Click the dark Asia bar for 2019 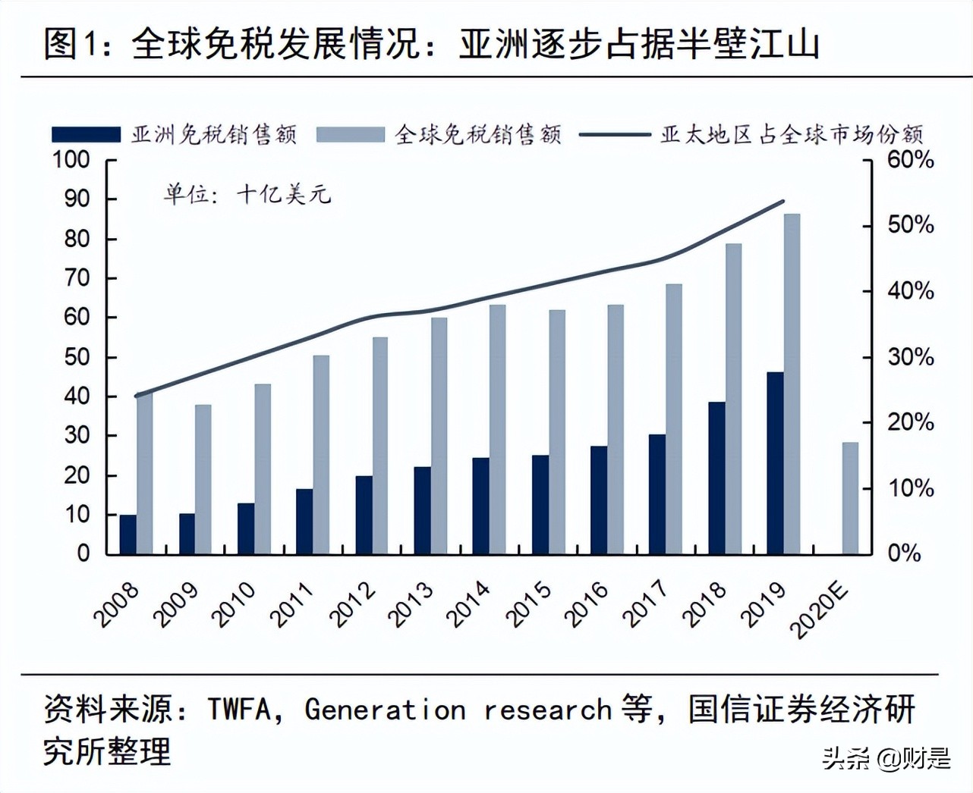click(775, 463)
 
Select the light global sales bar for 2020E click(850, 498)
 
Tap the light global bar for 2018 click(733, 399)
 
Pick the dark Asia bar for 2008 click(128, 534)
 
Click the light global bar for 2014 click(498, 429)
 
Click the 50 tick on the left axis click(76, 357)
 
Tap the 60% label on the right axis click(910, 160)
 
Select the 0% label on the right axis click(905, 553)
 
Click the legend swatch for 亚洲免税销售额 click(86, 135)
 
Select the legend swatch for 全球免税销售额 click(350, 135)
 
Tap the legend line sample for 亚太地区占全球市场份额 click(614, 135)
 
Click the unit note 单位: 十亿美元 click(247, 195)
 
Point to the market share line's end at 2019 click(783, 202)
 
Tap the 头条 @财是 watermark click(886, 757)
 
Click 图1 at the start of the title click(72, 43)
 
